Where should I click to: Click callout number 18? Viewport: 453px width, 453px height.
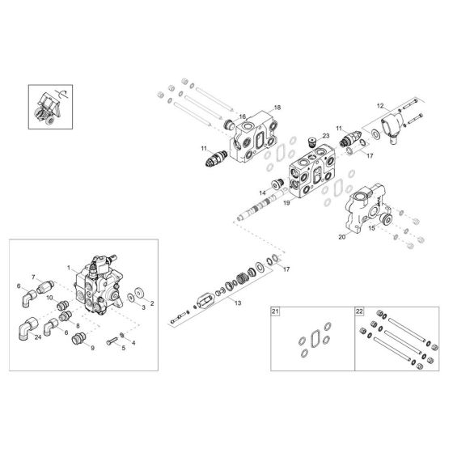coord(277,108)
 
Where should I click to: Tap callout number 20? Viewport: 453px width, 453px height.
coord(341,238)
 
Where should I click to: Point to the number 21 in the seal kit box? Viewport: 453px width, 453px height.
coord(275,311)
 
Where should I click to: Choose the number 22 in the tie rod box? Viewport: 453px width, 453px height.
coord(359,311)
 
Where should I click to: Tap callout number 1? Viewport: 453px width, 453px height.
coord(70,268)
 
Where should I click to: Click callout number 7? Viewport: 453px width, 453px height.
coord(35,277)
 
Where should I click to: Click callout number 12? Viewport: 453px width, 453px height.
coord(380,107)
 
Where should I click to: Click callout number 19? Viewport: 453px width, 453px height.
coord(286,203)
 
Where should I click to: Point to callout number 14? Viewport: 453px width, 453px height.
coord(263,193)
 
